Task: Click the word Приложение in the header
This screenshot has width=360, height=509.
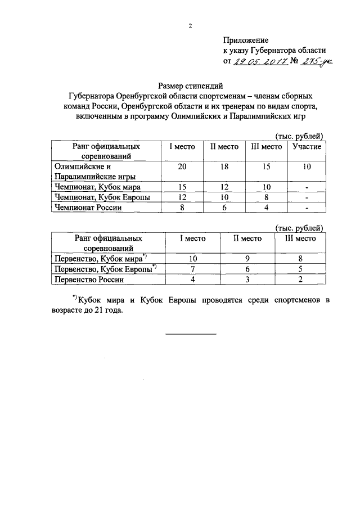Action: pos(246,40)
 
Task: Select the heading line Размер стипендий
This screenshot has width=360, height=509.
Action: pos(191,85)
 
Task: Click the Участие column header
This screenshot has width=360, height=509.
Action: pos(307,146)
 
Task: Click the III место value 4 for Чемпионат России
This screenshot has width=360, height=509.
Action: pos(265,207)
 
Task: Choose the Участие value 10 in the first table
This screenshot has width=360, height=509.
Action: pos(307,167)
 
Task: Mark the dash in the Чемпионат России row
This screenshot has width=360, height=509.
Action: pos(307,207)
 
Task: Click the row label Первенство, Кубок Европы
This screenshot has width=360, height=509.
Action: pos(105,269)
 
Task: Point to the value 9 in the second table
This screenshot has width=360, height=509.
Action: pos(247,258)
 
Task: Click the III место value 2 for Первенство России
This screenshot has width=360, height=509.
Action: pos(301,279)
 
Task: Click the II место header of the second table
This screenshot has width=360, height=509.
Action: pos(247,238)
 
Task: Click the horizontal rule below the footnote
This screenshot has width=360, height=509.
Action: pos(191,335)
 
